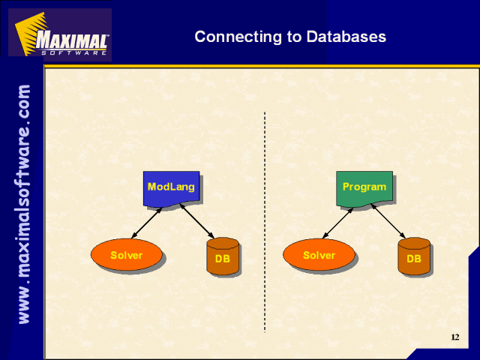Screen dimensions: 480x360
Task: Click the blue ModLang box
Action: click(172, 188)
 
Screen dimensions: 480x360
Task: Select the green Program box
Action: click(364, 188)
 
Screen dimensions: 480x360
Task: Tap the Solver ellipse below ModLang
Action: click(127, 255)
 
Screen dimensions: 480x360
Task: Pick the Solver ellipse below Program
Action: click(319, 255)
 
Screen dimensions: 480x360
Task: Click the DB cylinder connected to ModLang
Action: click(223, 256)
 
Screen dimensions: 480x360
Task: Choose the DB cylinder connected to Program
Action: click(414, 256)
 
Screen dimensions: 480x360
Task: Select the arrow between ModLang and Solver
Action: click(146, 223)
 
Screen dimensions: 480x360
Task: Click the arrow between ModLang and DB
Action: click(196, 221)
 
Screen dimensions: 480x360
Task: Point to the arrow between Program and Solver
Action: click(338, 223)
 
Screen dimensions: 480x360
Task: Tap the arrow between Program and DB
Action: click(388, 221)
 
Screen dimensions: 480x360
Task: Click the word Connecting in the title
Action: click(238, 37)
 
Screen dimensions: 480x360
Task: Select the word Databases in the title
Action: click(346, 37)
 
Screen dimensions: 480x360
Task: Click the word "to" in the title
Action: click(294, 37)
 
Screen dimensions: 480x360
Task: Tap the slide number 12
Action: click(455, 337)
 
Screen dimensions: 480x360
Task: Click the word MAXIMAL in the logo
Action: click(72, 40)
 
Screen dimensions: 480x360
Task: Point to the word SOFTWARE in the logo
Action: click(73, 52)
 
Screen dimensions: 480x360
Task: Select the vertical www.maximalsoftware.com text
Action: click(24, 204)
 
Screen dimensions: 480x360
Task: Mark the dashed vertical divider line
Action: click(265, 222)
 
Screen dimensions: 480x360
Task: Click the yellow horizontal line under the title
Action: click(262, 66)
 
